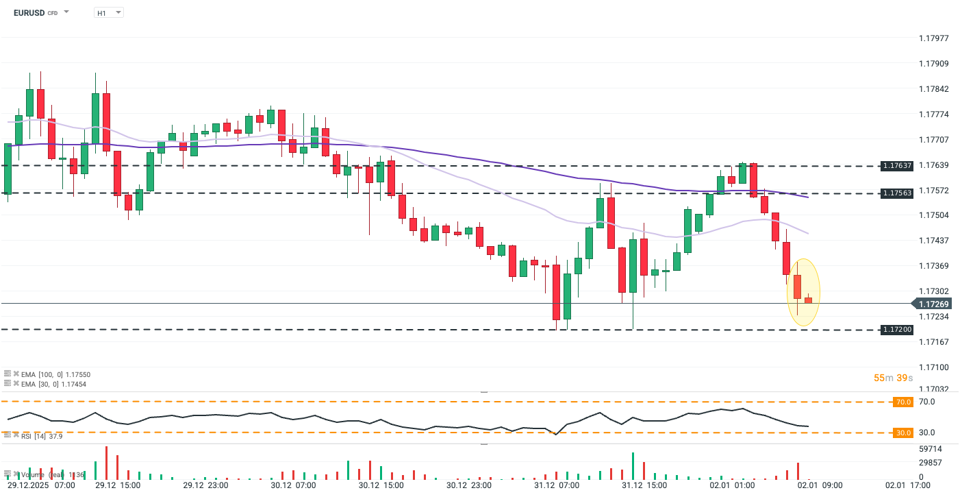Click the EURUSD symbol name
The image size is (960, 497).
click(x=30, y=12)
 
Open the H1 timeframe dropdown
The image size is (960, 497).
click(x=108, y=12)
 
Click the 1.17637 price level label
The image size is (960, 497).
click(x=897, y=166)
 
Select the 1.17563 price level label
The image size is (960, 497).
click(x=897, y=193)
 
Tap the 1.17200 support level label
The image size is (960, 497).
click(x=897, y=330)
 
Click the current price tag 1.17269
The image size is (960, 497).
click(x=934, y=304)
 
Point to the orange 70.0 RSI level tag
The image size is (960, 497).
click(x=903, y=402)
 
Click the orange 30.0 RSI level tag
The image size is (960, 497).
click(x=903, y=433)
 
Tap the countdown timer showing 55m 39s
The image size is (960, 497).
click(x=894, y=378)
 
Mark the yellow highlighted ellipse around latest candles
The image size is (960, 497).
click(x=803, y=292)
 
